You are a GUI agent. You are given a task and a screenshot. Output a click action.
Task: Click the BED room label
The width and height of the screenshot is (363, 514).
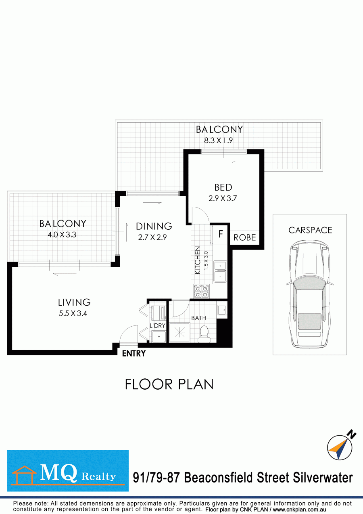click(x=223, y=187)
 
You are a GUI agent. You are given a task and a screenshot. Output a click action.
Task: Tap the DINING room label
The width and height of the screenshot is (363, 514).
click(x=154, y=226)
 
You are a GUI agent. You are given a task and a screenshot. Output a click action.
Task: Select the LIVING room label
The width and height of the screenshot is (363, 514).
click(x=74, y=302)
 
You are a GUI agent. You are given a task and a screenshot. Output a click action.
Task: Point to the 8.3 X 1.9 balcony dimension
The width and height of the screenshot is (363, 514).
click(x=218, y=141)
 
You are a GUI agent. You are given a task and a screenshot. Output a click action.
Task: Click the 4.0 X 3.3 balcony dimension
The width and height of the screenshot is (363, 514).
click(x=62, y=235)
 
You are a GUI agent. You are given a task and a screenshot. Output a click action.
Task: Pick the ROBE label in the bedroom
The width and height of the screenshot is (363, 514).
click(x=244, y=237)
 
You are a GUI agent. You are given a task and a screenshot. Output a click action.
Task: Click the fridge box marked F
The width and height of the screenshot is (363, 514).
click(x=221, y=234)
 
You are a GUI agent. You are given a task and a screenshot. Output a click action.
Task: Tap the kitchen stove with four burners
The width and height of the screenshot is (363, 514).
click(x=201, y=292)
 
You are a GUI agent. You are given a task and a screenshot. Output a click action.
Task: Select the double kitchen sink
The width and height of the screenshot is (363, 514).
click(x=220, y=271)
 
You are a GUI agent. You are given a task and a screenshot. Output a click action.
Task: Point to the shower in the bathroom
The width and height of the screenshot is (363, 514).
click(x=179, y=333)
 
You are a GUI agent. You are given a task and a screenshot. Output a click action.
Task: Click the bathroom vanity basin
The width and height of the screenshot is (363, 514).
click(x=222, y=311)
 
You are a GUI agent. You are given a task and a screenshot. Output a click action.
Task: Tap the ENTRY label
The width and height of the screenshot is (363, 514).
click(x=134, y=353)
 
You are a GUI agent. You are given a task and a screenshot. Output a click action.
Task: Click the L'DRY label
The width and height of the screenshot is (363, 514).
click(x=157, y=325)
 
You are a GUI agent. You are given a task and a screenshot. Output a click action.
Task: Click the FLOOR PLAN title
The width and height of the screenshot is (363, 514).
click(x=169, y=384)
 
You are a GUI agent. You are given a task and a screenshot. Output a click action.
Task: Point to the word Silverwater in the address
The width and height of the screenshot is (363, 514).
click(x=323, y=478)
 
